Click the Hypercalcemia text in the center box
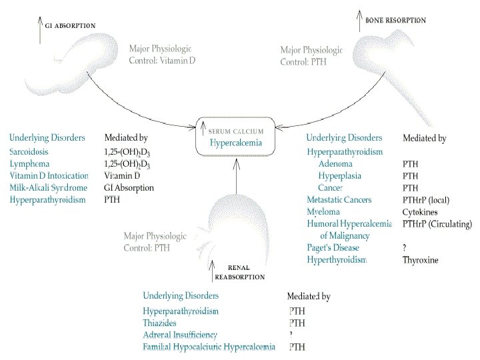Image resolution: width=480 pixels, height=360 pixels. point(233,142)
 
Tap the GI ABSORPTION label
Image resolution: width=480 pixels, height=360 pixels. point(69,25)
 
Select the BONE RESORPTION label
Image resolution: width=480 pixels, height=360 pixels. point(395,21)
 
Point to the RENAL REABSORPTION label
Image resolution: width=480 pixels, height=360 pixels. point(239,272)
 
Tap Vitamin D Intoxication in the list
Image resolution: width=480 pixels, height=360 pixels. point(49,176)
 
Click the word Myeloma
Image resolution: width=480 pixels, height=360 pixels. point(323,212)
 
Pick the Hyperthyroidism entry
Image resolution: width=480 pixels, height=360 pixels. point(337,260)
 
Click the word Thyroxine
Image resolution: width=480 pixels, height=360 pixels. point(421,260)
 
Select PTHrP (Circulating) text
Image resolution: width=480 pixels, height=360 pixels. point(437,224)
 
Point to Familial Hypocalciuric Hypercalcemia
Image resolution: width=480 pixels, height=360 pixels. point(209,347)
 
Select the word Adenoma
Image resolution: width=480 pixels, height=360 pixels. point(336,164)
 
